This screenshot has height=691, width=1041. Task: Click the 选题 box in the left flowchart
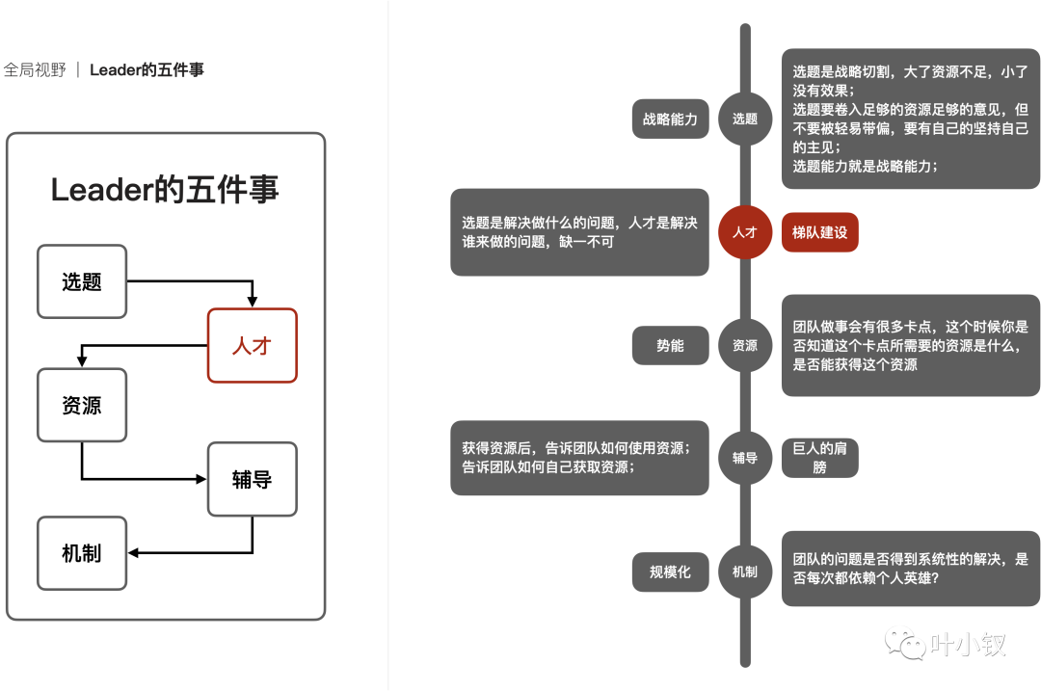click(x=82, y=281)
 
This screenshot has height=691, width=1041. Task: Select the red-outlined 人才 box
click(x=253, y=345)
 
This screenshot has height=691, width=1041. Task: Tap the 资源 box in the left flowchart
click(x=82, y=405)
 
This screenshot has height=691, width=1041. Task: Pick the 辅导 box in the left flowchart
click(x=253, y=479)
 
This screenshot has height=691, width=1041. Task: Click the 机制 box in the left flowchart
click(x=82, y=553)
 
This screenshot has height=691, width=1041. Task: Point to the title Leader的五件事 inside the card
click(x=165, y=190)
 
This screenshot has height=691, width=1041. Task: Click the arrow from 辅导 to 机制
click(x=193, y=552)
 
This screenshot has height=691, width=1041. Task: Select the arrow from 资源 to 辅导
click(x=135, y=478)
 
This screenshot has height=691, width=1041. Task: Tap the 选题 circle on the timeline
click(x=745, y=120)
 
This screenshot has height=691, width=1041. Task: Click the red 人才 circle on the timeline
click(x=745, y=232)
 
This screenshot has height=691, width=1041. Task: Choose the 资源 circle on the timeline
click(x=745, y=345)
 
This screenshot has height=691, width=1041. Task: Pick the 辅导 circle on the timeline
click(x=745, y=458)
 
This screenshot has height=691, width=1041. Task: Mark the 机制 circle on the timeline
click(x=745, y=571)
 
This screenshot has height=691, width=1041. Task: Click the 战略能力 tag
click(x=670, y=120)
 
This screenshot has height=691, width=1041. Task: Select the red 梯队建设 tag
click(x=819, y=232)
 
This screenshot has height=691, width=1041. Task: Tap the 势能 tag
click(x=670, y=345)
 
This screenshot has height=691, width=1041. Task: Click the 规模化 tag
click(x=670, y=571)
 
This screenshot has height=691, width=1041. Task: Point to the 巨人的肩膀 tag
click(x=819, y=458)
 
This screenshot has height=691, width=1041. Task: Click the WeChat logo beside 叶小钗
click(x=905, y=640)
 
